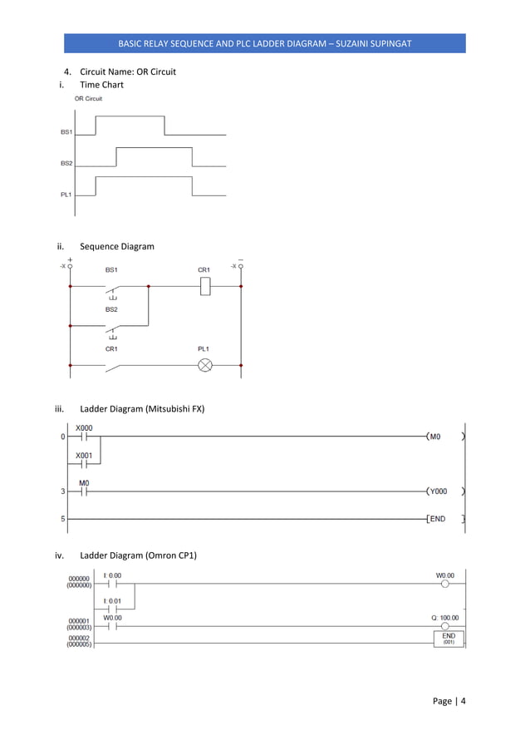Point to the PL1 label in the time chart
click(x=66, y=195)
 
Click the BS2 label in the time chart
click(x=66, y=164)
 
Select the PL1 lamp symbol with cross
click(x=204, y=365)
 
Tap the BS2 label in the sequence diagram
click(x=111, y=308)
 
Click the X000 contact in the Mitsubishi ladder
click(x=84, y=437)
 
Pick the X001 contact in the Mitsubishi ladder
click(x=84, y=464)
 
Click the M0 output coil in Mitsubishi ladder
click(x=444, y=436)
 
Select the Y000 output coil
click(x=444, y=491)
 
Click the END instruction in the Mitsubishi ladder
click(x=444, y=520)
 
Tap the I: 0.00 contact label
click(x=112, y=575)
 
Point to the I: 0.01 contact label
click(x=112, y=600)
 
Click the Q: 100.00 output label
click(x=444, y=618)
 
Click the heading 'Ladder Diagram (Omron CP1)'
click(x=138, y=555)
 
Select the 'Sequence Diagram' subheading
click(x=116, y=246)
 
